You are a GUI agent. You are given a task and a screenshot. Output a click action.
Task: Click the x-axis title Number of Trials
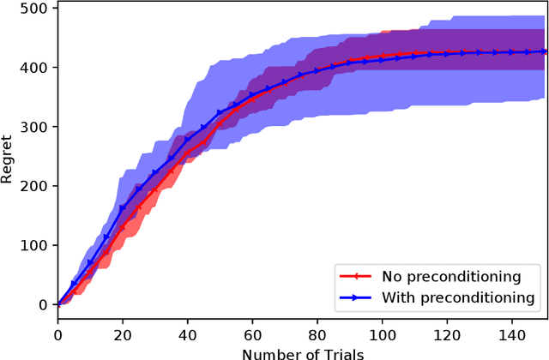pos(302,353)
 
